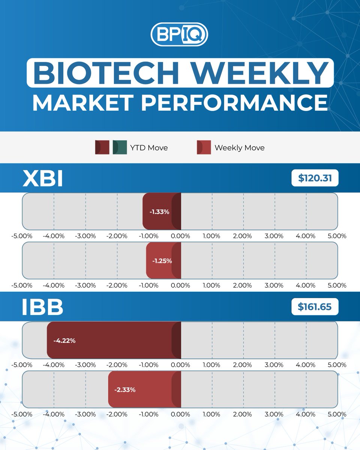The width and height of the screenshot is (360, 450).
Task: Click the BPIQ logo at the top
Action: [179, 35]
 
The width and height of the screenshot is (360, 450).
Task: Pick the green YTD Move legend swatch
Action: [120, 147]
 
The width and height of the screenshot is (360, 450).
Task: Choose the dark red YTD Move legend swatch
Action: [102, 147]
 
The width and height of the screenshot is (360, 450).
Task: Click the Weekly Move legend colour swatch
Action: [204, 147]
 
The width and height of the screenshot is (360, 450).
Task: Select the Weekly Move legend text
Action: [239, 148]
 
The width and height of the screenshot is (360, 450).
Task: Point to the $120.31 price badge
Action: [315, 179]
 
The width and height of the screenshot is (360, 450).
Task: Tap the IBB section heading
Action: [42, 307]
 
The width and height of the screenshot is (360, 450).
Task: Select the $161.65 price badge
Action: [315, 307]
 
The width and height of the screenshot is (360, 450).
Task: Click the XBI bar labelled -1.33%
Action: [162, 211]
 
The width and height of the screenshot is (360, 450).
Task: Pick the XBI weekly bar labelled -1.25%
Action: [163, 261]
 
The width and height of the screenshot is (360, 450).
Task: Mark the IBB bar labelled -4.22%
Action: [114, 341]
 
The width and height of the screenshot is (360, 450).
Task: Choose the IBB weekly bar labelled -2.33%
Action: [144, 390]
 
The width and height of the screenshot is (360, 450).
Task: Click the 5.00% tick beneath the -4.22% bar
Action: [337, 365]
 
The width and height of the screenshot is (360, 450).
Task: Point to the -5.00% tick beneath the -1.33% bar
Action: [22, 236]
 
